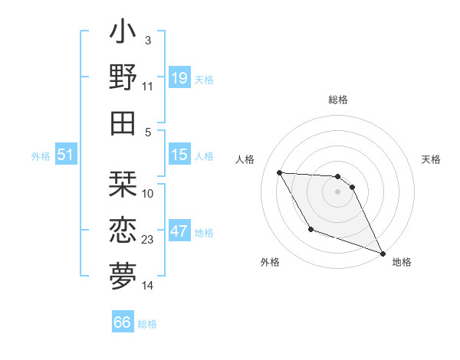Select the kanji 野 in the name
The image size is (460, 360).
point(123,77)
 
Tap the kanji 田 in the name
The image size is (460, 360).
point(123,122)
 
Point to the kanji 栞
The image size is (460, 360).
point(123,183)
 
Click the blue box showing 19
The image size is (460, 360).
point(179,77)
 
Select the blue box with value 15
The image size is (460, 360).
point(179,155)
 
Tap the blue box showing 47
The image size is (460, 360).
point(179,231)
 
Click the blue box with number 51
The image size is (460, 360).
point(66,155)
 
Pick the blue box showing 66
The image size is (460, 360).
point(123,322)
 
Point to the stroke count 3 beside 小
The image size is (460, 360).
point(147,40)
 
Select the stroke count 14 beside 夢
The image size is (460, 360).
point(148,286)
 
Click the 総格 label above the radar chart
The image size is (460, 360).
point(337,100)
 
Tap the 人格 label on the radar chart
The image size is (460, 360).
point(245,159)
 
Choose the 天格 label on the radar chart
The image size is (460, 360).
point(431,159)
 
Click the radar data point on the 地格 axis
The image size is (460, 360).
point(383,254)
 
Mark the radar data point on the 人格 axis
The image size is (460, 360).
point(279,172)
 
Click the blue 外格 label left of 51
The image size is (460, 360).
point(41,156)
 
